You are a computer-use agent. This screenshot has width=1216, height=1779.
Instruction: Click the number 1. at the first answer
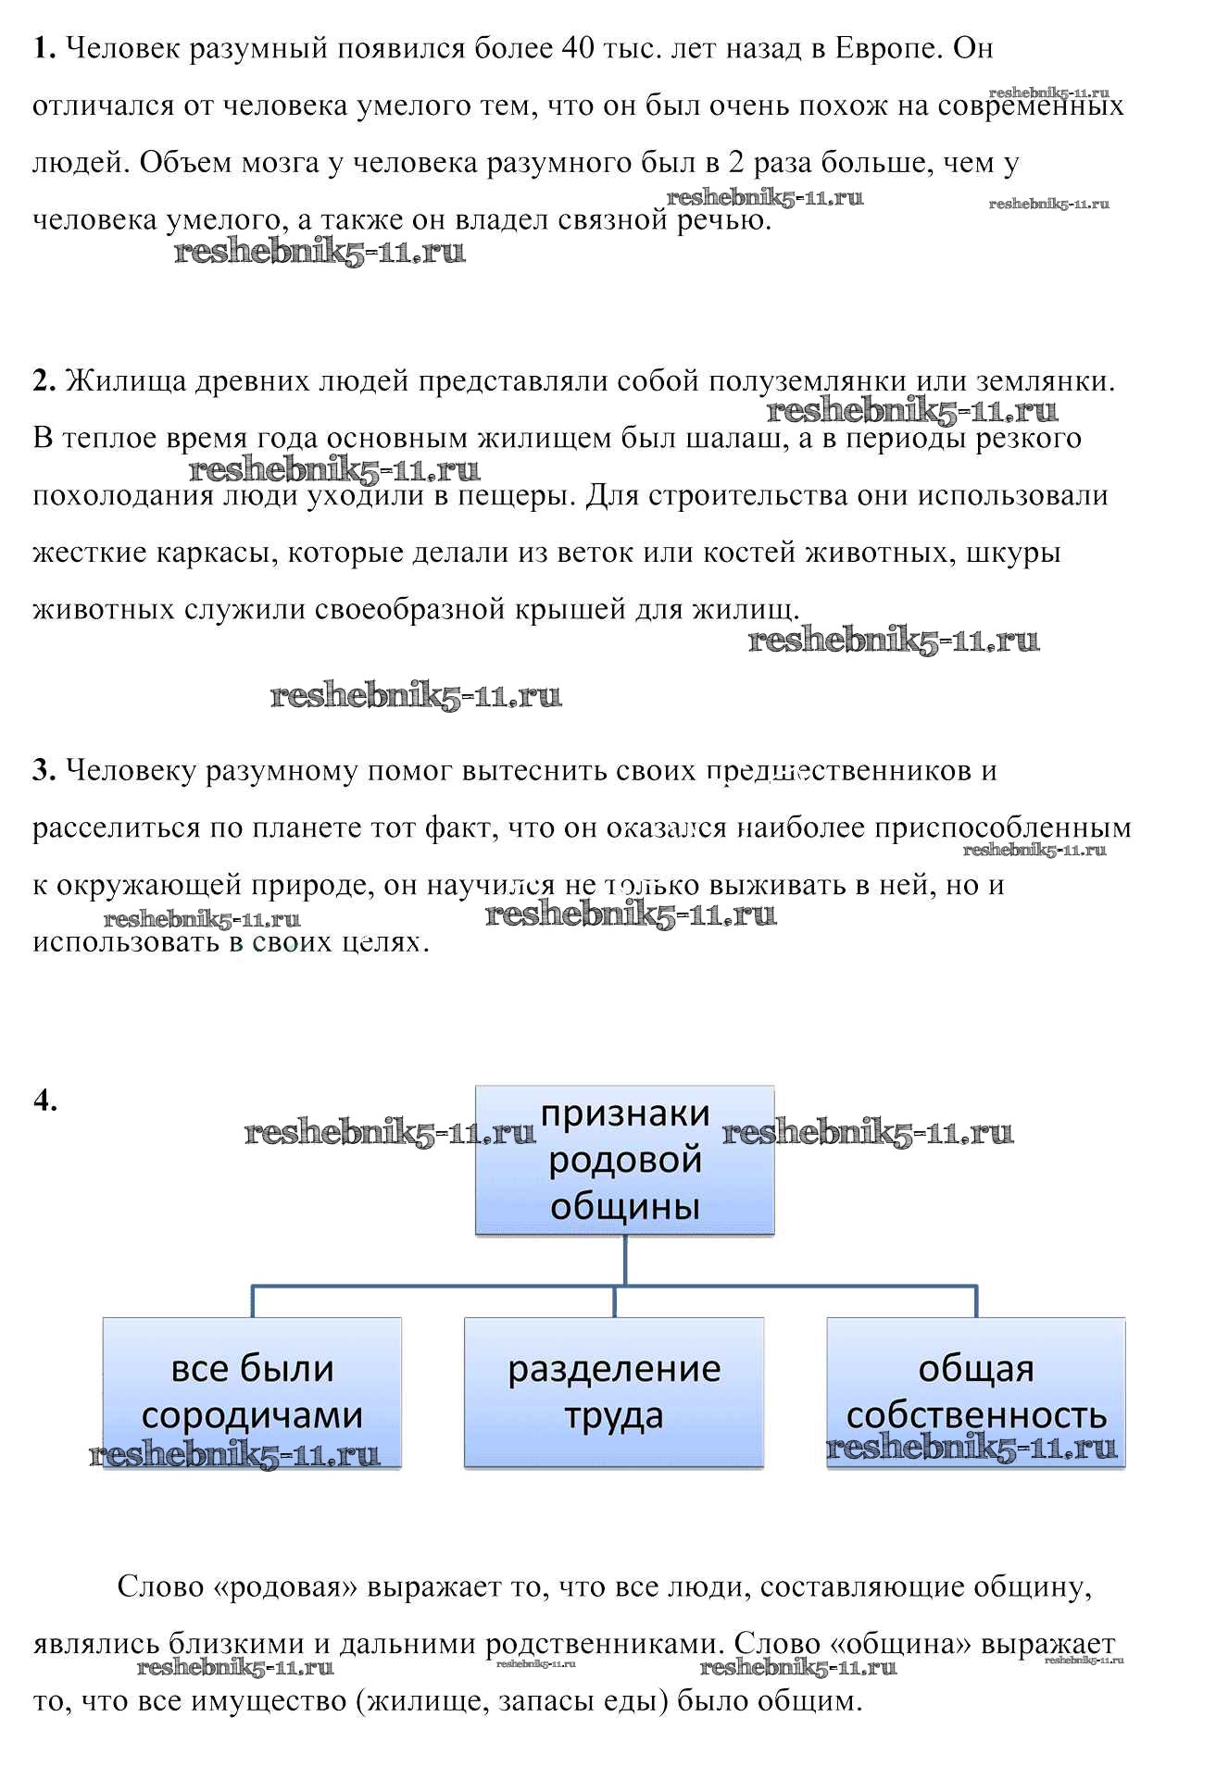pos(44,48)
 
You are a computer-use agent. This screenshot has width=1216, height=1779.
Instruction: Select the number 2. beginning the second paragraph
pos(44,380)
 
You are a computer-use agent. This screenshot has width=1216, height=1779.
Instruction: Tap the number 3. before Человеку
pos(44,770)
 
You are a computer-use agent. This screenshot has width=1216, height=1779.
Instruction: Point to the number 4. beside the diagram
pos(44,1100)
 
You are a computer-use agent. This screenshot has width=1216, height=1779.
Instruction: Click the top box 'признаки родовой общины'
pos(624,1160)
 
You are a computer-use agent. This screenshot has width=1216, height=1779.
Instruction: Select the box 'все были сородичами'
pos(252,1391)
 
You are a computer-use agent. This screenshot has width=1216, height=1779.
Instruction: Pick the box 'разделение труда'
pos(613,1391)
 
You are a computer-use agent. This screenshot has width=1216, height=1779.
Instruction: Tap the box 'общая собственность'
pos(975,1391)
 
